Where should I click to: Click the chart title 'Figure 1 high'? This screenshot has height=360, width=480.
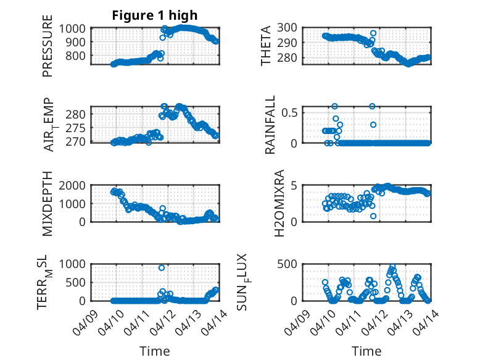click(x=154, y=15)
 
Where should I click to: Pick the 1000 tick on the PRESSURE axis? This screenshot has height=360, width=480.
click(x=75, y=28)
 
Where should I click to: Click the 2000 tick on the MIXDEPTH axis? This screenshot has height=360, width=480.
click(x=75, y=185)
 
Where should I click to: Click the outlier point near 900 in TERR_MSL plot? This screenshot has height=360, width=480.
click(x=162, y=267)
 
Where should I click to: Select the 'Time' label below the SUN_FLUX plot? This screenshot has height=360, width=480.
click(x=366, y=351)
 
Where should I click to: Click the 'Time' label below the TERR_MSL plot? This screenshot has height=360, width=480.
click(x=154, y=351)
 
